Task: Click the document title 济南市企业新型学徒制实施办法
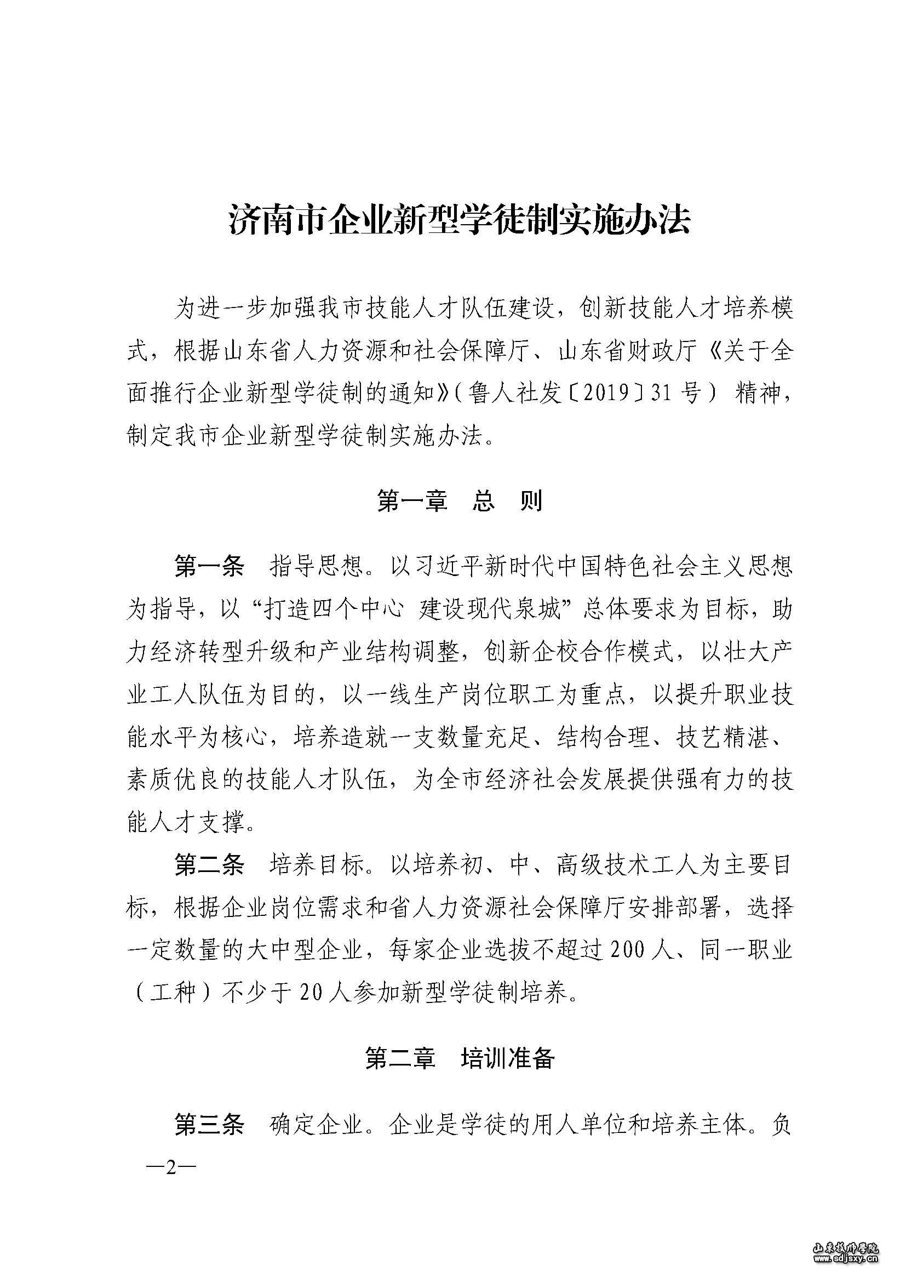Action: click(459, 220)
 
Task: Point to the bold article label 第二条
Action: click(209, 865)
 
